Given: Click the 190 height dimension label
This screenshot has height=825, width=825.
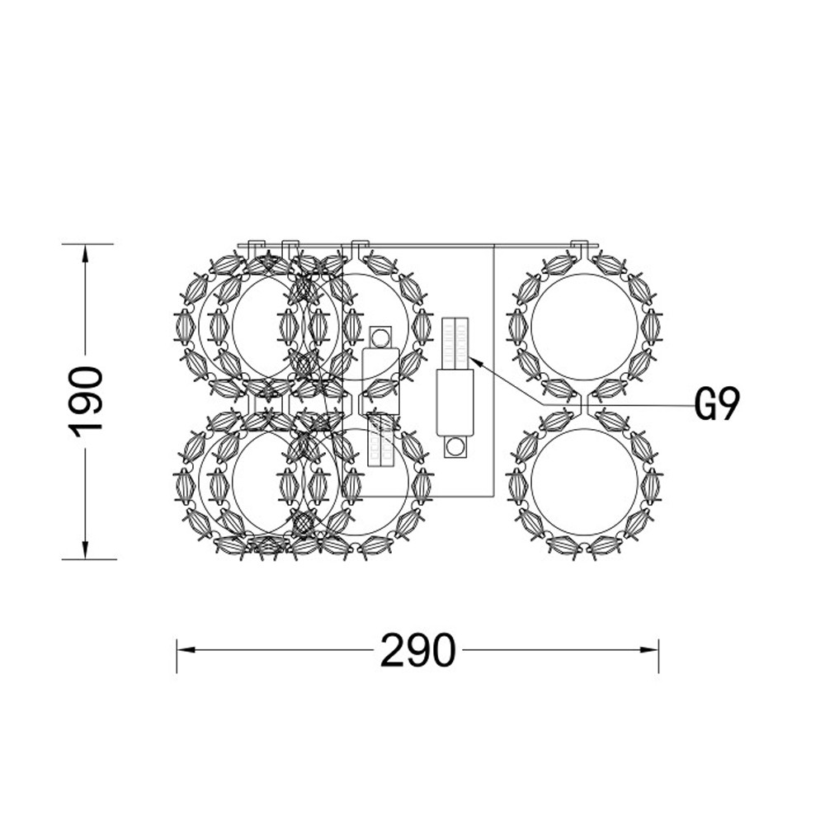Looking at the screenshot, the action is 85,402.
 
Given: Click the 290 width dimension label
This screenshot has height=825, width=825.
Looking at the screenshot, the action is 417,650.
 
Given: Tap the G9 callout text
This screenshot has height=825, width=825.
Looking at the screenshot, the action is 717,404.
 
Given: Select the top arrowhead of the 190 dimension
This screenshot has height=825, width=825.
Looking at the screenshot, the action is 84,253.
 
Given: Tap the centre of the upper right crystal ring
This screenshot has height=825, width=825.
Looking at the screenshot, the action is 584,326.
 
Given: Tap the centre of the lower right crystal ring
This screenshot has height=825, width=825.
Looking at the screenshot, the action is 584,482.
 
